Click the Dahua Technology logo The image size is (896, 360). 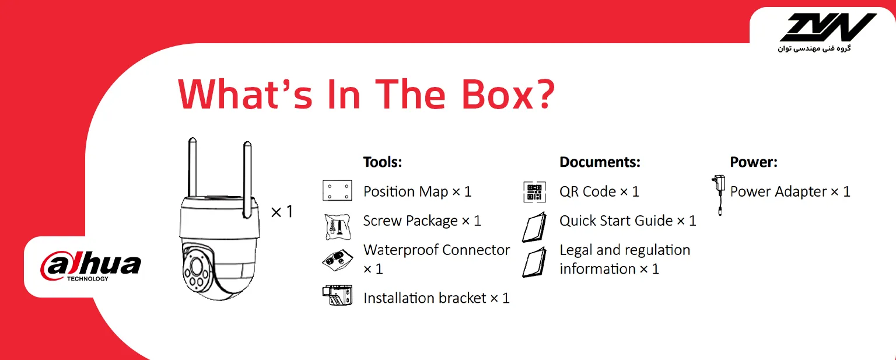[x=91, y=267]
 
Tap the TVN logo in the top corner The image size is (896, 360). [x=828, y=27]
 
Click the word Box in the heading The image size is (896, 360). [x=498, y=95]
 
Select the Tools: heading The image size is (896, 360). [x=383, y=162]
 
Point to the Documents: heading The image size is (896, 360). [x=600, y=162]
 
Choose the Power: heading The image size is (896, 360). [x=754, y=162]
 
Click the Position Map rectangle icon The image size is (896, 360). [x=337, y=190]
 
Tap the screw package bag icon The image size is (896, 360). [x=338, y=227]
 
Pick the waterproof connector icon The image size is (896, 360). [x=338, y=260]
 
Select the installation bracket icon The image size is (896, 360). [x=338, y=295]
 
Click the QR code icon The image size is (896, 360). [x=534, y=191]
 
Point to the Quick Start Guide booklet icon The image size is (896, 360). [x=534, y=227]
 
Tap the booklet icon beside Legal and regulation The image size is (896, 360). [x=534, y=262]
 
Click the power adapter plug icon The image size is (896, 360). [x=719, y=195]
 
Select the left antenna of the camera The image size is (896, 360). [x=192, y=167]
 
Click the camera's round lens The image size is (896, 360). [x=196, y=267]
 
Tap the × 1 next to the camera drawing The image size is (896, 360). [x=282, y=212]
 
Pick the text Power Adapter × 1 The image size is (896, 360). [x=790, y=191]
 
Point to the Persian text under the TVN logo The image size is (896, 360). [x=814, y=48]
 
